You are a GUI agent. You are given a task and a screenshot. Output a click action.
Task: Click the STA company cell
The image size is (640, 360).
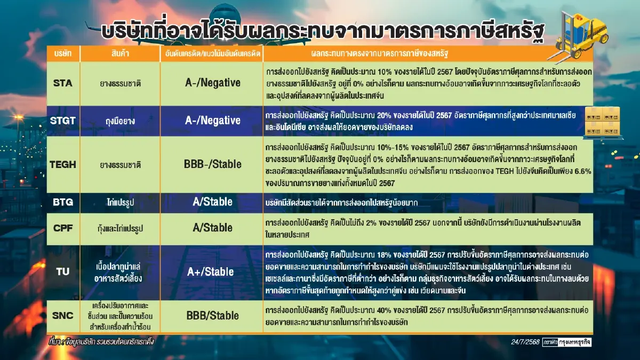pyautogui.click(x=63, y=83)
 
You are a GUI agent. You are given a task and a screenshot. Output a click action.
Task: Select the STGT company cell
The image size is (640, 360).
pyautogui.click(x=63, y=121)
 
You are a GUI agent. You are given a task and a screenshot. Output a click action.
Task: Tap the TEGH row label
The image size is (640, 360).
pyautogui.click(x=63, y=164)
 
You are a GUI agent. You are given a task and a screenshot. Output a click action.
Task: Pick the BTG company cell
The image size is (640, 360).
pyautogui.click(x=63, y=202)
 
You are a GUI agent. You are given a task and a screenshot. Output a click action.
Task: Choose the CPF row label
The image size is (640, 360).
pyautogui.click(x=63, y=228)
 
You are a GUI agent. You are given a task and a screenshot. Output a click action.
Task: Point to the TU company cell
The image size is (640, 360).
pyautogui.click(x=63, y=271)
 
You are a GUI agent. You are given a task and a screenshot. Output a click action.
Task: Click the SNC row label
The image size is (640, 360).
pyautogui.click(x=63, y=315)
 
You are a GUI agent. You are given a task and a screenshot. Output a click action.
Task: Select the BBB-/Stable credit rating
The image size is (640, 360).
pyautogui.click(x=212, y=164)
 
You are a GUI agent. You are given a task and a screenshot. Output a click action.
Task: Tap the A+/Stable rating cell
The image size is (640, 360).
pyautogui.click(x=210, y=271)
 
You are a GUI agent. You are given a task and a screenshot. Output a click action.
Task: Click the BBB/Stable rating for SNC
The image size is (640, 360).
pyautogui.click(x=212, y=315)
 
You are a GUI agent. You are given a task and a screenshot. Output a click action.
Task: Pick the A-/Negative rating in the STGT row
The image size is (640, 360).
pyautogui.click(x=212, y=121)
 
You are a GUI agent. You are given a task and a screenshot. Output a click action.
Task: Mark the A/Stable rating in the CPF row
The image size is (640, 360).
pyautogui.click(x=212, y=228)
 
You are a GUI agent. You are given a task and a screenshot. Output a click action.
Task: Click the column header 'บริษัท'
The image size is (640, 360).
pyautogui.click(x=63, y=54)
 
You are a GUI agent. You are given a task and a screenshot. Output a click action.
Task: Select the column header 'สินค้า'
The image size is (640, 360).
pyautogui.click(x=120, y=54)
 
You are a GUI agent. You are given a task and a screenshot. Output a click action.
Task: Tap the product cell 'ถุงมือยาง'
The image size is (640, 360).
pyautogui.click(x=120, y=121)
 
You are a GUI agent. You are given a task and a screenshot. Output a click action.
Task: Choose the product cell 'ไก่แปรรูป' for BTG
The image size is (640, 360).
pyautogui.click(x=120, y=203)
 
